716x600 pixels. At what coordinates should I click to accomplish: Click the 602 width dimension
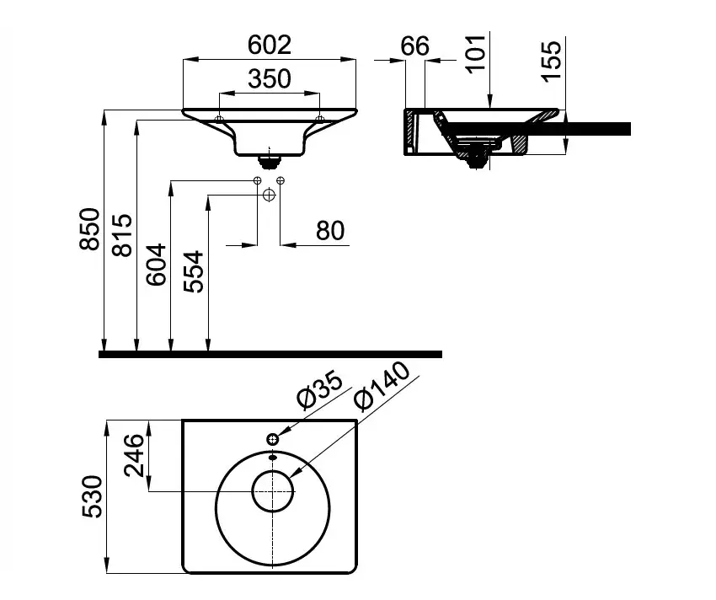coord(270,45)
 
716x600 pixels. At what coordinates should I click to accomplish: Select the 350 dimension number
coord(270,78)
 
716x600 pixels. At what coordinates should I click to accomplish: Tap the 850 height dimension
coord(89,229)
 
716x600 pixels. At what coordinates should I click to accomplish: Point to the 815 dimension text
coord(122,235)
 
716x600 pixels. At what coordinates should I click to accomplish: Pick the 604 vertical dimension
coord(156,265)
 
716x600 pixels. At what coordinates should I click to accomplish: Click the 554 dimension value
coord(193,271)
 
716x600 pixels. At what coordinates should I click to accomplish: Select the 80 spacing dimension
coord(330,230)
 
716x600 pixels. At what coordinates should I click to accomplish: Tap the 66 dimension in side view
coord(415,46)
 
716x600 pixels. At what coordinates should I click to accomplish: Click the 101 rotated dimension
coord(476,53)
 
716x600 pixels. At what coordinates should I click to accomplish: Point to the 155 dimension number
coord(551,62)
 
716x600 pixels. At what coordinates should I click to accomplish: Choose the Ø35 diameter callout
coord(319,390)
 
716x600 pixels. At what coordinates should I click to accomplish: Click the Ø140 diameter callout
coord(382,386)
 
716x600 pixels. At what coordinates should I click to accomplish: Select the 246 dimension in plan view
coord(134,455)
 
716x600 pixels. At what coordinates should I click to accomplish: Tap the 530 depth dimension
coord(93,496)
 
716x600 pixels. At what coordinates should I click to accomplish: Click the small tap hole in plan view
coord(273,440)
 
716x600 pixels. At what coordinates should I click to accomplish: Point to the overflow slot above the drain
coord(273,457)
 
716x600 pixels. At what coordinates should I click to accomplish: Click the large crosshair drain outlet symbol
coord(270,196)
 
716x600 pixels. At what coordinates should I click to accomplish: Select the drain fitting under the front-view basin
coord(270,160)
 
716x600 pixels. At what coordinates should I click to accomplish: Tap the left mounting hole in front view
coord(219,119)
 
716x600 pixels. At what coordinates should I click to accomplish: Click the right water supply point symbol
coord(281,180)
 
